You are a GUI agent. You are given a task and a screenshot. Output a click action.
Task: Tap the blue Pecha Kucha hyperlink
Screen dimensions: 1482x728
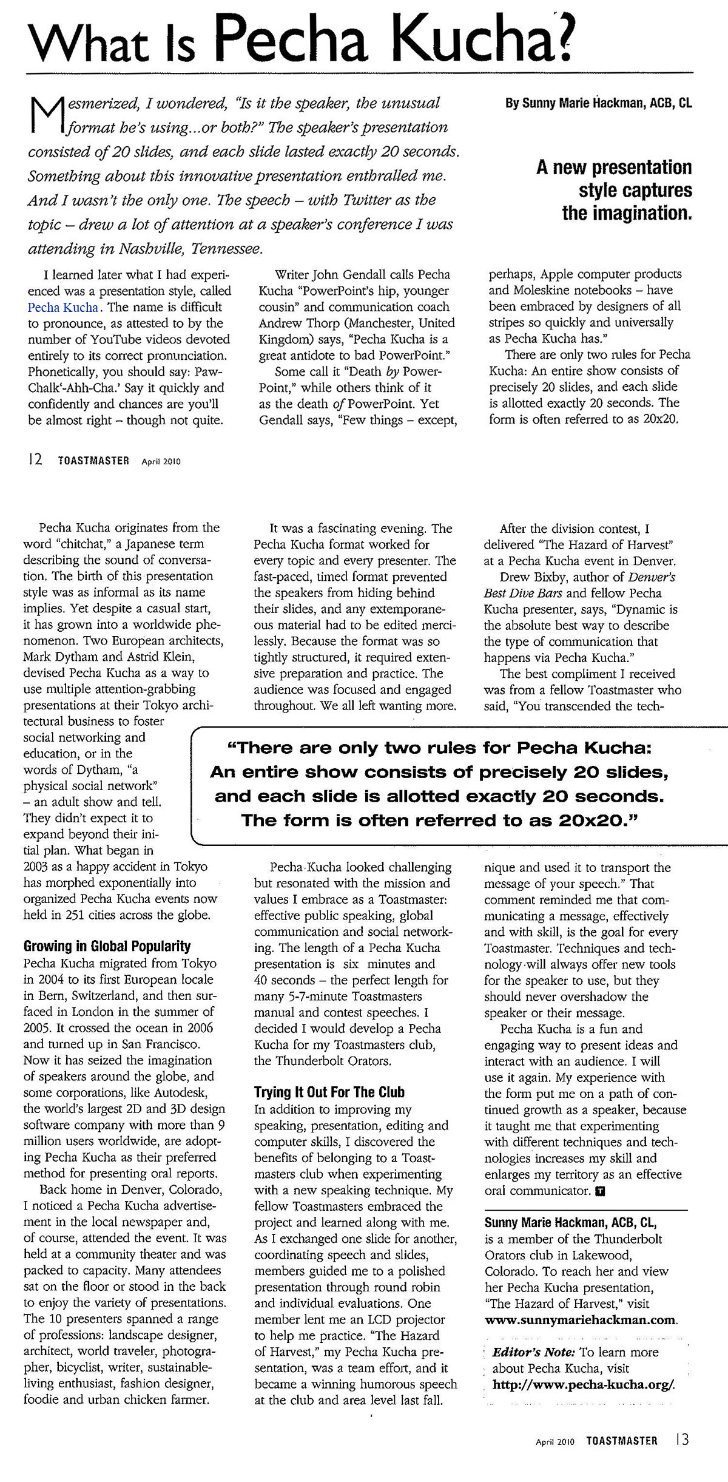click(62, 307)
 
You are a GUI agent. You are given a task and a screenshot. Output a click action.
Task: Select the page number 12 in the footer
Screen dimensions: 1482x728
click(34, 460)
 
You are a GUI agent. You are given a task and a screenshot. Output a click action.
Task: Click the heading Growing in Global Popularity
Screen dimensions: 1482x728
click(107, 946)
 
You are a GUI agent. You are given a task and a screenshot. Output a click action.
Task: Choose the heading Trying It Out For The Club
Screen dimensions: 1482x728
click(329, 1092)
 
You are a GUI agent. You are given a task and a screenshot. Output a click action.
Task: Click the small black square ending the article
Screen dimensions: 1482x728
click(600, 1191)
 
